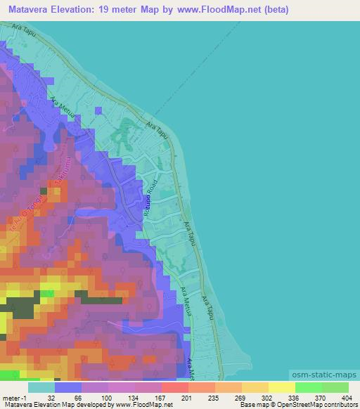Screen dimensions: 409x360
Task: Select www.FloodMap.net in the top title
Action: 217,10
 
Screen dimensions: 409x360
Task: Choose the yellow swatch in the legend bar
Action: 281,387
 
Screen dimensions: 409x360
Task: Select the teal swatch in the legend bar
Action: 41,387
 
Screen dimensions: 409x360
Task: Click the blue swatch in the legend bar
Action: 68,387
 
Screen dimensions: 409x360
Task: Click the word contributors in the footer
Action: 336,405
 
